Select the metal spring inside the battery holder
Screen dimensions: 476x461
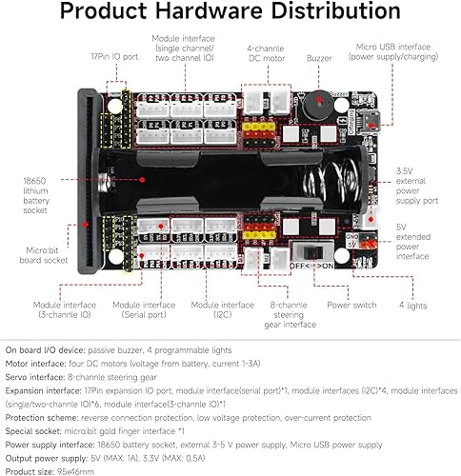pyautogui.click(x=340, y=180)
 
